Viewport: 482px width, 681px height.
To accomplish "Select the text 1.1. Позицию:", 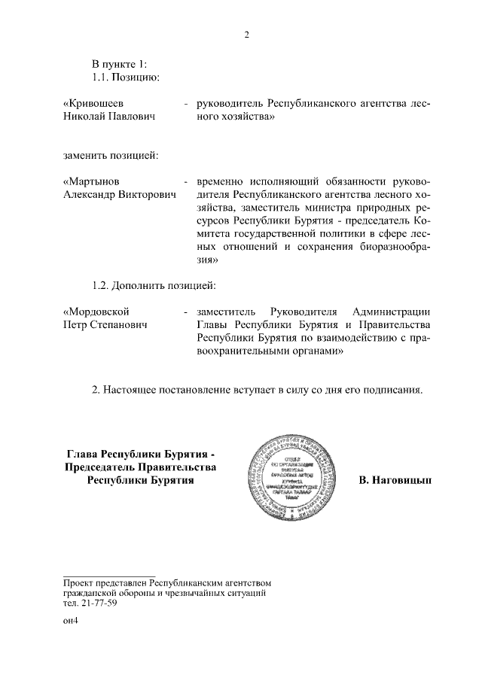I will (124, 76).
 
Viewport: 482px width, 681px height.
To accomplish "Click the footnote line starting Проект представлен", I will (166, 583).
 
